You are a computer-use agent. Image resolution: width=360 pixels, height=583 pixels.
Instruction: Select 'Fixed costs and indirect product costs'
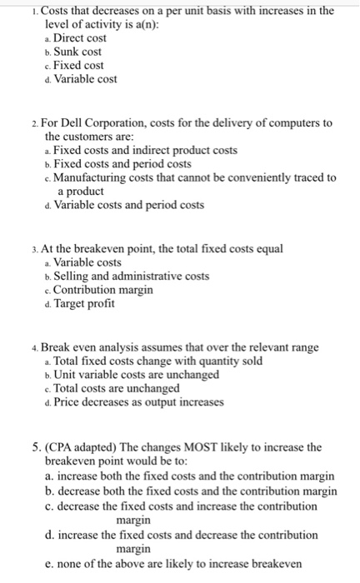click(144, 150)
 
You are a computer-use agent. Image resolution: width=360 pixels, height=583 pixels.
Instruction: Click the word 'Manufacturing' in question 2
click(90, 177)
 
